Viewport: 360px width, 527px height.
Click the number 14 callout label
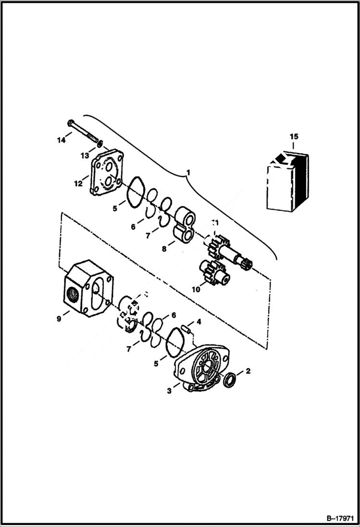point(61,140)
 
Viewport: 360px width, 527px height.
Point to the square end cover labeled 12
point(107,173)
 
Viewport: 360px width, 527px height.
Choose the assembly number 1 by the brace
point(188,172)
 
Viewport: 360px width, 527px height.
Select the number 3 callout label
point(169,391)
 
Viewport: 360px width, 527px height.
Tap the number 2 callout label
point(248,370)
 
